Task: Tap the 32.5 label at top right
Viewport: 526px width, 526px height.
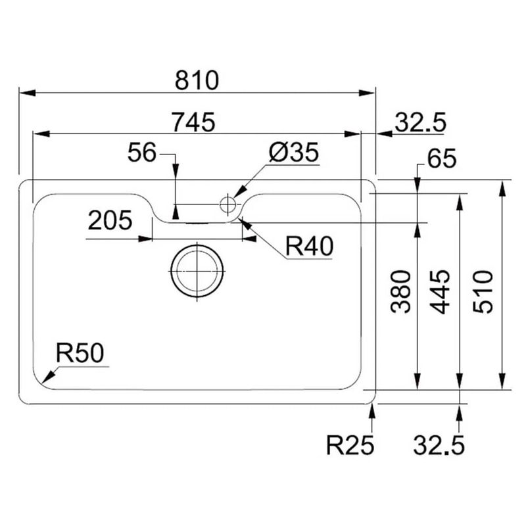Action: point(420,122)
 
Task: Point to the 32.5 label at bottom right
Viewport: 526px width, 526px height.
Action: point(439,446)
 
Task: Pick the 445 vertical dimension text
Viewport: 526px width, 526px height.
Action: point(439,291)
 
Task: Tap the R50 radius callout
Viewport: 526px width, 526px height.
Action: point(80,354)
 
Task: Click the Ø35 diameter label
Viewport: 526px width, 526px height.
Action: point(293,153)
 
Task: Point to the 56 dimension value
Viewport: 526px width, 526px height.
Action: point(142,153)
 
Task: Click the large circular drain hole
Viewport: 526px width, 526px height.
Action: point(197,271)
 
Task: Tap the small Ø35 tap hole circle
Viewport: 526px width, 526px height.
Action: point(227,204)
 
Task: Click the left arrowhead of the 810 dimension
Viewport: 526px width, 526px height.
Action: point(24,93)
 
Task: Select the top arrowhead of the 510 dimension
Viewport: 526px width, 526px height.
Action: point(502,185)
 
